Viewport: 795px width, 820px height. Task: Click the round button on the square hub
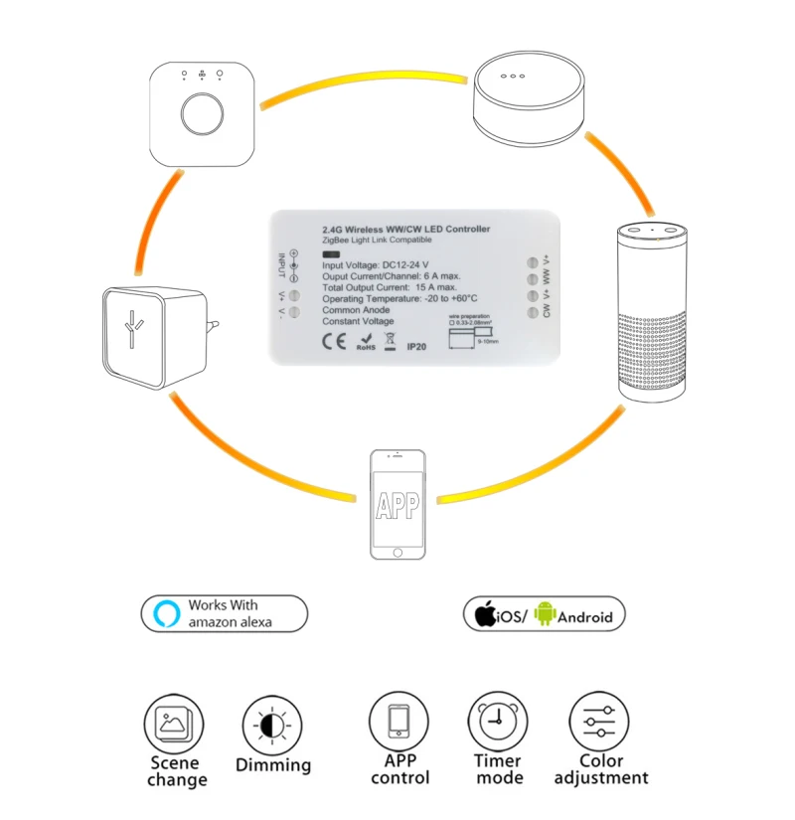click(202, 116)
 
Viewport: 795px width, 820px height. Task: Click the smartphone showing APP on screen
click(397, 505)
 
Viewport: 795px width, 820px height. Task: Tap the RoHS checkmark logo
click(366, 344)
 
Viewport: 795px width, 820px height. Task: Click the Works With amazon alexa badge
click(225, 613)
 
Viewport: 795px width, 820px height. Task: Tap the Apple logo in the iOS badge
click(484, 614)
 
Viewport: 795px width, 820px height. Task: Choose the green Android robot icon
click(544, 614)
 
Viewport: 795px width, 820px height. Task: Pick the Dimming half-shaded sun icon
click(271, 723)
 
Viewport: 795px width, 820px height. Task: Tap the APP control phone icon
click(399, 723)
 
